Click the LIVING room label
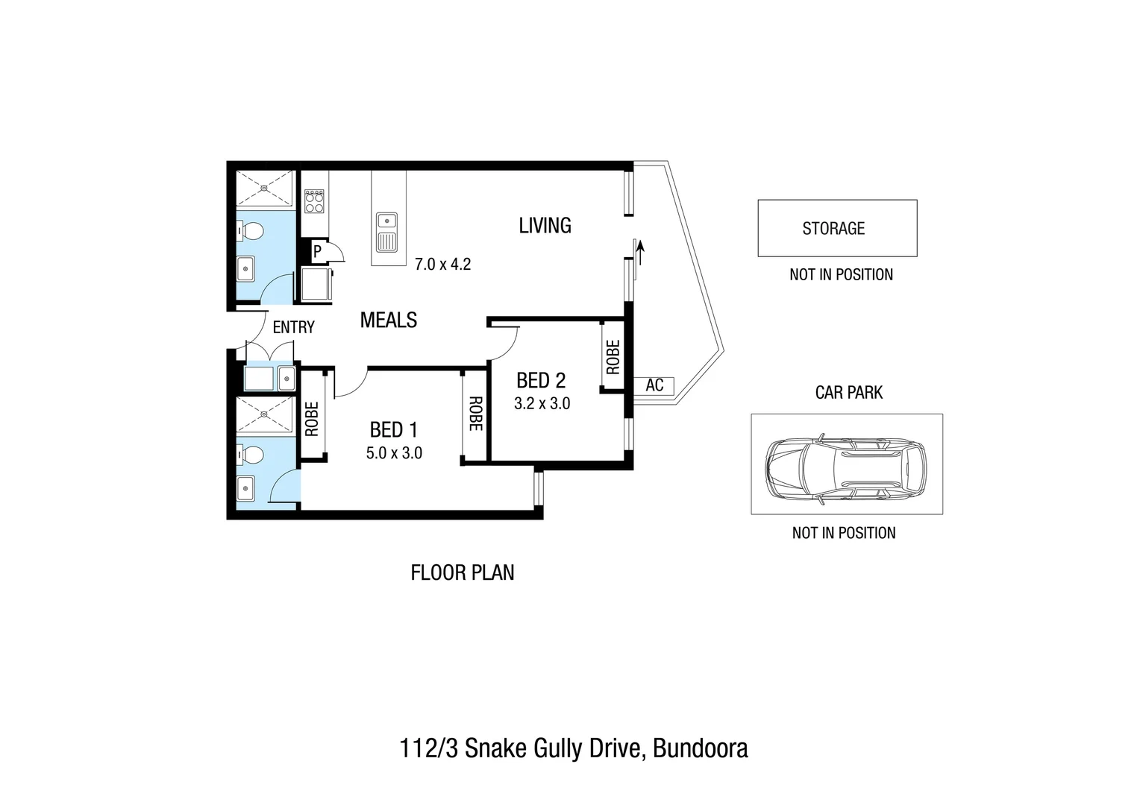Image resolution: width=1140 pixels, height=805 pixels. pos(545,225)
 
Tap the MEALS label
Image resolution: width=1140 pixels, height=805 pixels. pos(388,320)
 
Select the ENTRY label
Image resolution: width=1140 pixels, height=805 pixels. pos(293,327)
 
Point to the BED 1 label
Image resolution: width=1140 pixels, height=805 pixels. pos(393,430)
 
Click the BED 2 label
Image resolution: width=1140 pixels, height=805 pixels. pos(541,381)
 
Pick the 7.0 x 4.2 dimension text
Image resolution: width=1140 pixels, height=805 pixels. pos(443,264)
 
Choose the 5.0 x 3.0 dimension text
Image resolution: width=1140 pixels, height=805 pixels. pos(394,453)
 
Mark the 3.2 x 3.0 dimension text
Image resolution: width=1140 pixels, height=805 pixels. pos(542,404)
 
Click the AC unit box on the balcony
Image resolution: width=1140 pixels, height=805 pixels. pos(654,386)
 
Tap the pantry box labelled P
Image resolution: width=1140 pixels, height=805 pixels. pos(317,252)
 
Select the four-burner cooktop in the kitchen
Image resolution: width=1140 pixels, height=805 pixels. pos(314,201)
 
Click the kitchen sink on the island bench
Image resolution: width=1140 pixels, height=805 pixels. pos(387,221)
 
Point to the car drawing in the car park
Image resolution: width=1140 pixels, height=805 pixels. pos(846,465)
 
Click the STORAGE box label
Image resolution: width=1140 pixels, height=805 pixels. pos(833,229)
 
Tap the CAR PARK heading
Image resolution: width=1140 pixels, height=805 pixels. pos(848,393)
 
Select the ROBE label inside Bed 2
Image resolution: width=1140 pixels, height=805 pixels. pos(613,357)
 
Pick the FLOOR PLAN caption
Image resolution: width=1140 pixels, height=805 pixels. pos(463,572)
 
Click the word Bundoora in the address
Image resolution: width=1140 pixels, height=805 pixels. pos(700,748)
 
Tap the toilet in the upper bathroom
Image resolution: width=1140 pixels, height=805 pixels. pos(251,232)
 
